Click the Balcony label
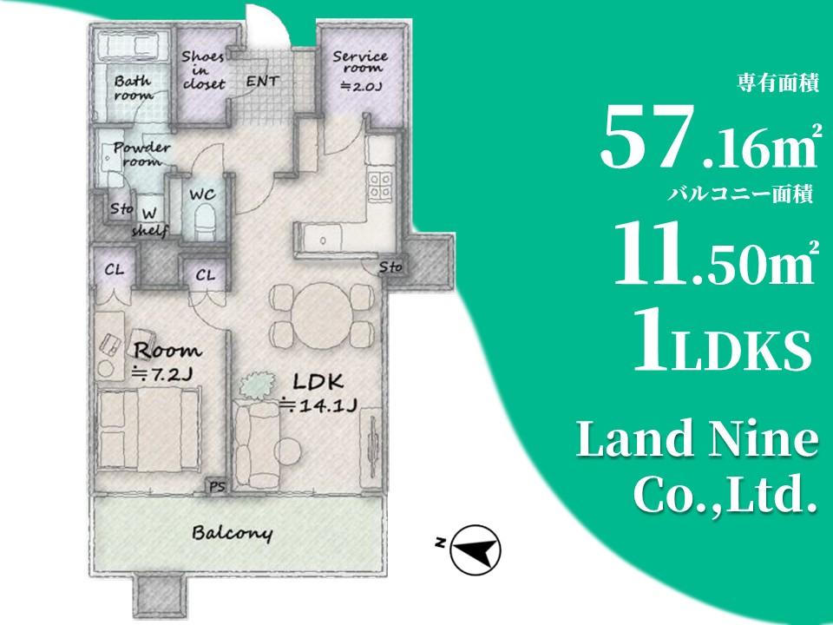(233, 533)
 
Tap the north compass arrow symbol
(475, 550)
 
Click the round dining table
(321, 316)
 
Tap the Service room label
(360, 62)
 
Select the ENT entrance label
(262, 82)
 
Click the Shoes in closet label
(203, 70)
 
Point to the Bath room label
(134, 88)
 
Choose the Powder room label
(141, 154)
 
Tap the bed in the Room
(149, 428)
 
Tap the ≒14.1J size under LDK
(318, 405)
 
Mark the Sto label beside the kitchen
(390, 266)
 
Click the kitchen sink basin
(322, 240)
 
